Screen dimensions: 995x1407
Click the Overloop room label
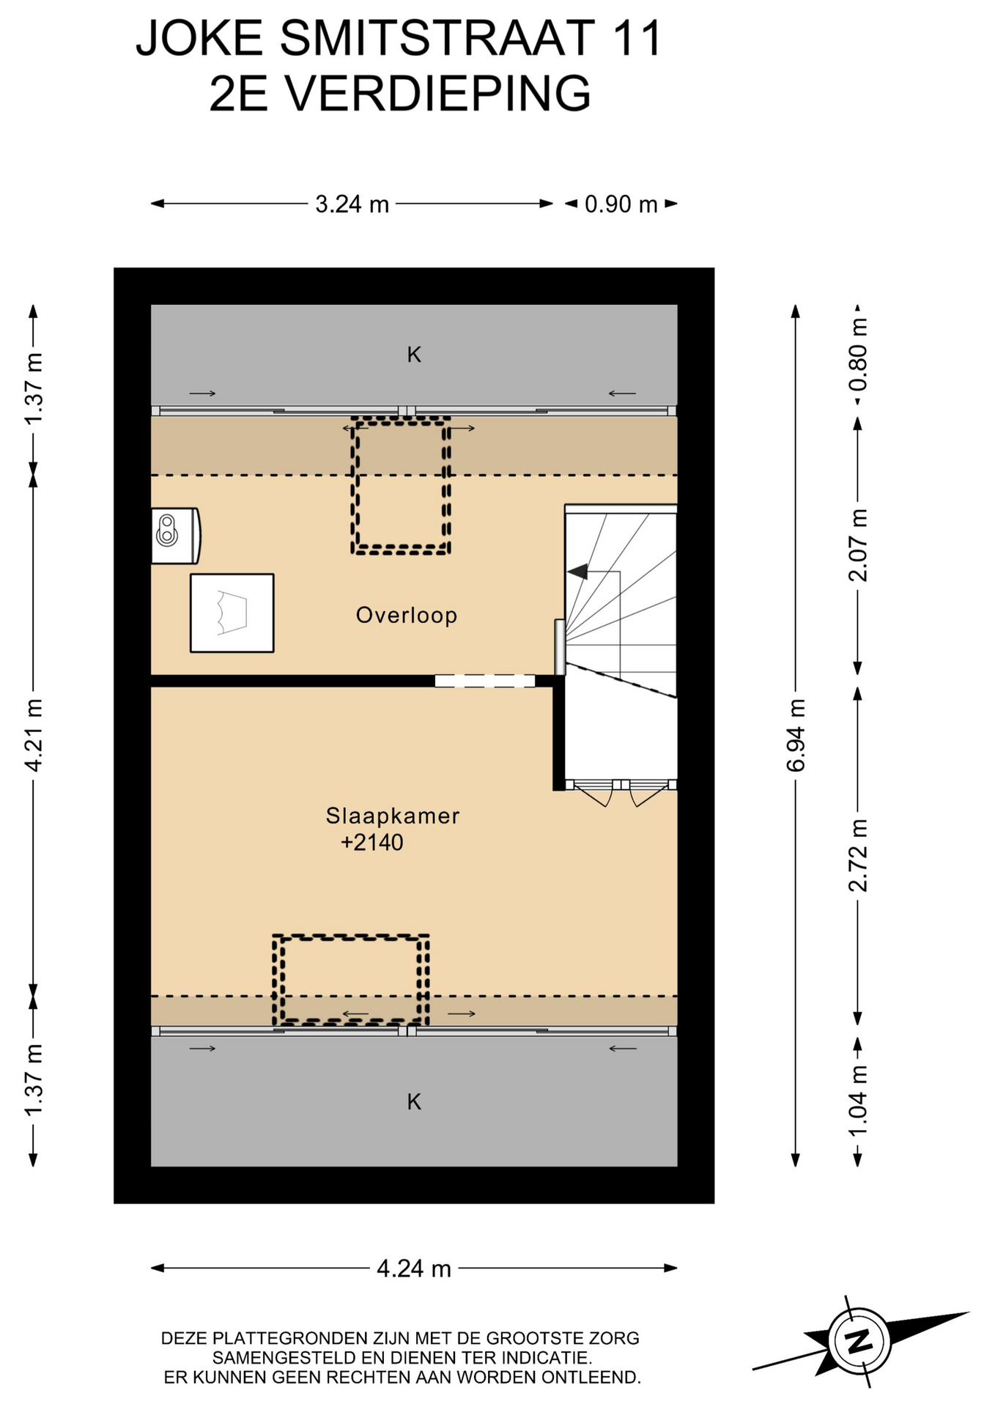tap(407, 615)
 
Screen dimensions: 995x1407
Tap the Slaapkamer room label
tap(393, 816)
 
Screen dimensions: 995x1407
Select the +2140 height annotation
tap(372, 843)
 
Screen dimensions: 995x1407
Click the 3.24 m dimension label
tap(352, 204)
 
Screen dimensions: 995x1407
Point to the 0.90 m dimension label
tap(621, 204)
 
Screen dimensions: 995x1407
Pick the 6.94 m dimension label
tap(796, 735)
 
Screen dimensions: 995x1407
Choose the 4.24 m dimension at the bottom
tap(414, 1268)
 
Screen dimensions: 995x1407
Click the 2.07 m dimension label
tap(858, 545)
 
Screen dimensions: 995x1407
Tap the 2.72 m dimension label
tap(858, 855)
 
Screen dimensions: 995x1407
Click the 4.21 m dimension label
tap(34, 735)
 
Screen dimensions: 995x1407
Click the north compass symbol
tap(859, 1341)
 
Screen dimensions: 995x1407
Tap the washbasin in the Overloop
tap(176, 536)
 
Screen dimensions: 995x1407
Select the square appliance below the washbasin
tap(232, 613)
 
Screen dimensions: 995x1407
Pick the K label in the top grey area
tap(414, 355)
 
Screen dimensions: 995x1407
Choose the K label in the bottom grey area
tap(414, 1101)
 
